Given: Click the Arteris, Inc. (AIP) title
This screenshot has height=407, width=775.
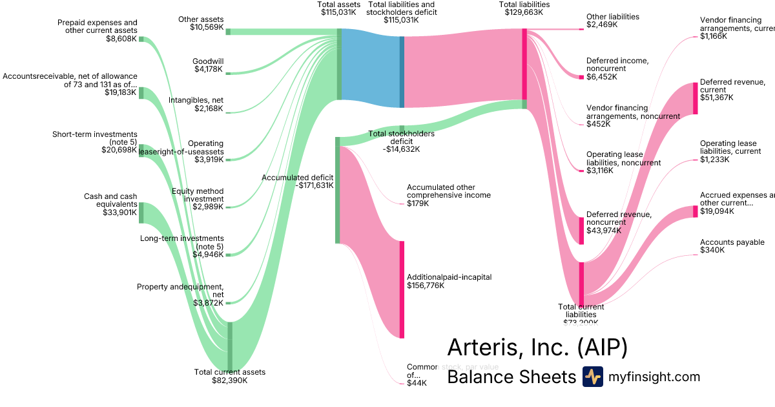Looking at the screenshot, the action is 537,348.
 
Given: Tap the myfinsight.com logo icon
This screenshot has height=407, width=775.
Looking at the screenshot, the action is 592,377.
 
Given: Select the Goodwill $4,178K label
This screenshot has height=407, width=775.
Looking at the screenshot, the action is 208,65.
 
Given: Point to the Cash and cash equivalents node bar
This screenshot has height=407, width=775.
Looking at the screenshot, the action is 141,213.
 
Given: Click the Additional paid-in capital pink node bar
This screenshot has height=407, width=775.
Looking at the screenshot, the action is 402,289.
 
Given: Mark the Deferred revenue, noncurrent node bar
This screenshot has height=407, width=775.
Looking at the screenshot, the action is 581,231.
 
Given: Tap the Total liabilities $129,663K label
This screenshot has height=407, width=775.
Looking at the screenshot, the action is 524,8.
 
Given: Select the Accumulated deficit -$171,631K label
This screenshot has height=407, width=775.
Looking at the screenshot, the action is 297,182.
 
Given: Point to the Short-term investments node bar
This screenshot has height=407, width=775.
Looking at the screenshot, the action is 141,151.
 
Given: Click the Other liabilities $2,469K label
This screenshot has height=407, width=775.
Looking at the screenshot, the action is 612,21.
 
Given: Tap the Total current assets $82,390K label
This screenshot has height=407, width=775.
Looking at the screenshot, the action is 229,376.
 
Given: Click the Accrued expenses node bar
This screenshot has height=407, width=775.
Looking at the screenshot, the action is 696,211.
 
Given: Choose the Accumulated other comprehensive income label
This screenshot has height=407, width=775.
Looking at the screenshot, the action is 448,195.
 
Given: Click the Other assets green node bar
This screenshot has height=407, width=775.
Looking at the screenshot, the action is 228,31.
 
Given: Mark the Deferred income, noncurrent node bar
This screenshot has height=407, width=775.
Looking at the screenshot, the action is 581,77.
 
